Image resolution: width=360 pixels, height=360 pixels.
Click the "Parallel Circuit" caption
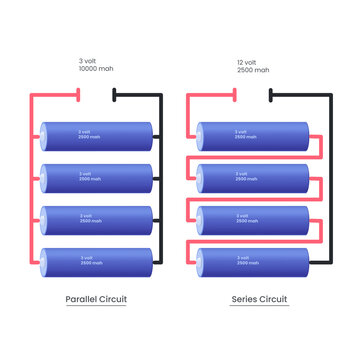[96, 300]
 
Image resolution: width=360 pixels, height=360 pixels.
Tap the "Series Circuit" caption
[259, 300]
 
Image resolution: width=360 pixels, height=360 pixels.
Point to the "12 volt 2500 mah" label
[254, 66]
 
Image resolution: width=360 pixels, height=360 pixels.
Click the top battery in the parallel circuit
[97, 135]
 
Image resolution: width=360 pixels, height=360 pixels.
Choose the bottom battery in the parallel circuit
[97, 261]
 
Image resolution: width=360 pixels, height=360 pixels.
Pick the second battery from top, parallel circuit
[97, 177]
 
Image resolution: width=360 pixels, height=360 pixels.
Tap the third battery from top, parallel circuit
[97, 219]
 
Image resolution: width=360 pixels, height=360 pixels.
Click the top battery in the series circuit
[254, 135]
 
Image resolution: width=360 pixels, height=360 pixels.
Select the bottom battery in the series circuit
[254, 261]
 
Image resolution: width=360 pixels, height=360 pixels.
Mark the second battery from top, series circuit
[254, 177]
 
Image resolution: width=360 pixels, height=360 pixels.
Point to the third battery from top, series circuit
[254, 219]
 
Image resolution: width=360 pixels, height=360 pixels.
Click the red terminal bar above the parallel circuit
[78, 96]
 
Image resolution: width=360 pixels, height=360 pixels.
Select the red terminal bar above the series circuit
[235, 96]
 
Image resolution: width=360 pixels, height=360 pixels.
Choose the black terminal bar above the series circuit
[271, 96]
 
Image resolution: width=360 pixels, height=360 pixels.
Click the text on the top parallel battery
[90, 133]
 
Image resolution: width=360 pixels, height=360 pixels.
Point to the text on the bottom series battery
[245, 259]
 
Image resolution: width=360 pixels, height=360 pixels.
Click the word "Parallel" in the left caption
[82, 300]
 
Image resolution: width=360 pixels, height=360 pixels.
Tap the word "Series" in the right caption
[245, 300]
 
